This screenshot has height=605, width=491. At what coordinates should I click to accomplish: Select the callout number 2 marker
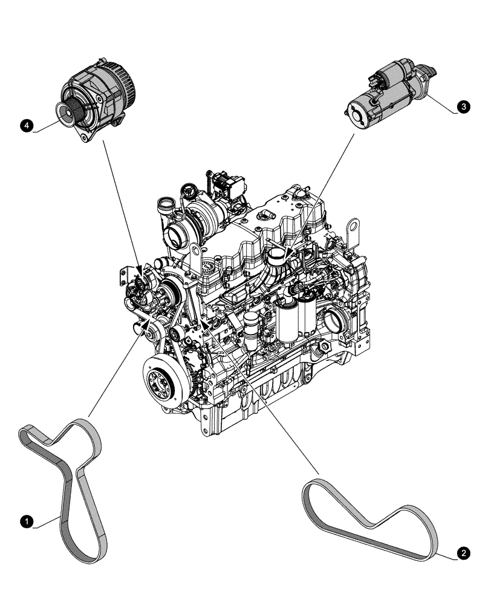[463, 552]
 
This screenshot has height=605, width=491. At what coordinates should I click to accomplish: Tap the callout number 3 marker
[463, 106]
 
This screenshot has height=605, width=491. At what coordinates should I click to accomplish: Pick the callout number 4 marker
[25, 125]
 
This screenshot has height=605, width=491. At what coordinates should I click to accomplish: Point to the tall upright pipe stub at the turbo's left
[163, 208]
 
